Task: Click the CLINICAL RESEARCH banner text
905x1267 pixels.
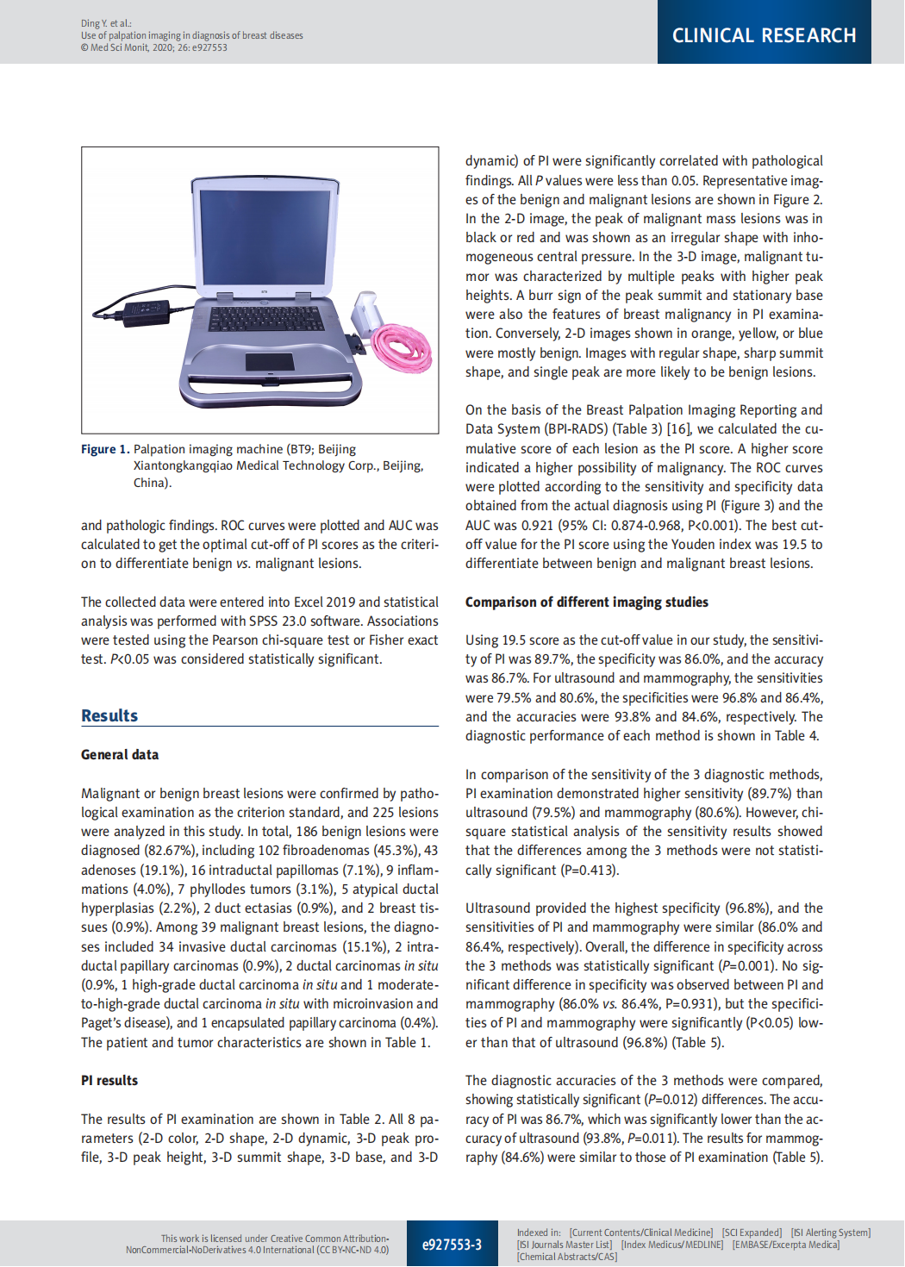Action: coord(764,35)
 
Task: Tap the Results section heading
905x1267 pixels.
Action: coord(109,715)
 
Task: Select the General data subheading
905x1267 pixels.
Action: coord(120,754)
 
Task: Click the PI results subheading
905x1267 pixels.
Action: coord(109,1080)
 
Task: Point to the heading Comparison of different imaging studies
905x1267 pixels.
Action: coord(587,602)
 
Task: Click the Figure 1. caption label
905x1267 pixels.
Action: coord(105,449)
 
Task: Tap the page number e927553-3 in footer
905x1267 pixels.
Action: coord(452,1245)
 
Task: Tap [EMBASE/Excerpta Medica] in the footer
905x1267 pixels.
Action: coord(786,1245)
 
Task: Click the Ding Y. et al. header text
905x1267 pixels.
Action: coord(106,23)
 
